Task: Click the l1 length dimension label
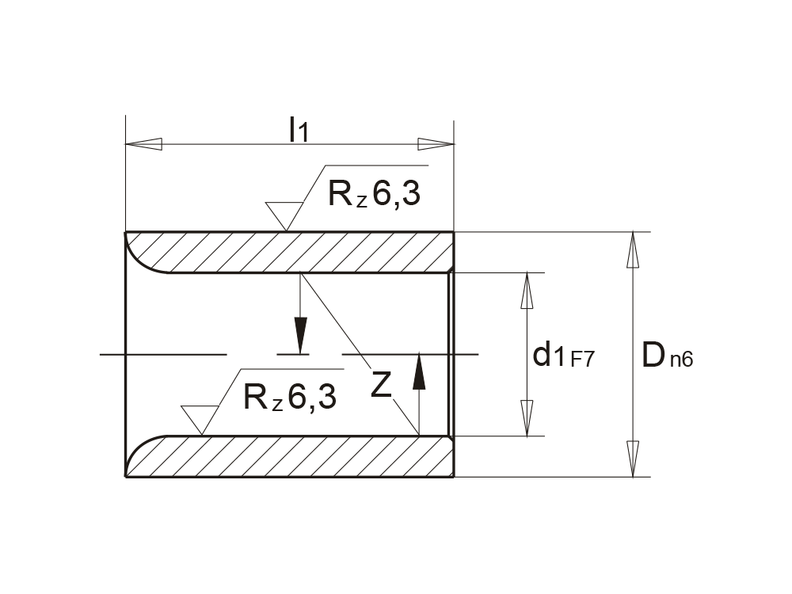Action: pos(298,130)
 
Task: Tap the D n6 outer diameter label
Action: pos(667,356)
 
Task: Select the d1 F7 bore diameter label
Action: pos(563,356)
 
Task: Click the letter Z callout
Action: pos(382,385)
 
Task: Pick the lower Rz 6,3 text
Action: pos(290,396)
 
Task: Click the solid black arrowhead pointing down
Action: pos(300,334)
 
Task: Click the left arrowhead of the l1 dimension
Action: pos(144,144)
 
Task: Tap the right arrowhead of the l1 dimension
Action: pos(436,144)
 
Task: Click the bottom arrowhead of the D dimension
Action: pos(632,459)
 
